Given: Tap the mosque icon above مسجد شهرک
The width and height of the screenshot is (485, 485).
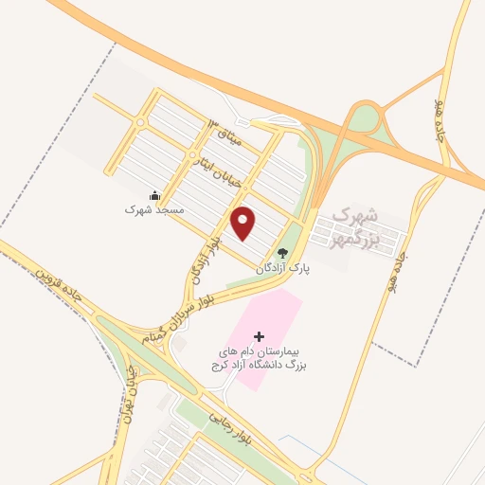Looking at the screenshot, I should [154, 195].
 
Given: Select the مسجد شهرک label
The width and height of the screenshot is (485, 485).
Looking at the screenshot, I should [151, 209].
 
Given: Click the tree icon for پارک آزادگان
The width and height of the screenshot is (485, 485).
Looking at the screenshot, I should [281, 252].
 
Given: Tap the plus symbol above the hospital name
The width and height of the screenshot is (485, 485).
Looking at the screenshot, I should [260, 336].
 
